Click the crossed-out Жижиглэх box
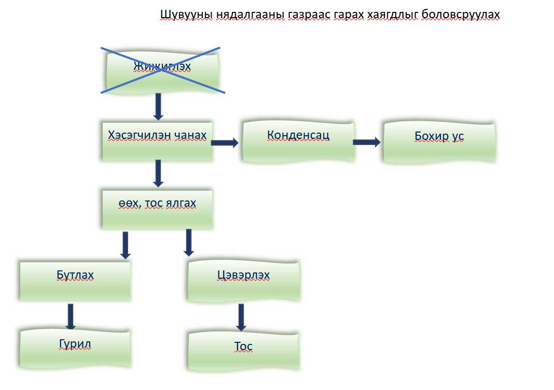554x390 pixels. [x=162, y=69]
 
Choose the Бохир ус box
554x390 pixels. [x=439, y=142]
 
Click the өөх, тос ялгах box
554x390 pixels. [x=157, y=209]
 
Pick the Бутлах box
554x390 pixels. [x=75, y=280]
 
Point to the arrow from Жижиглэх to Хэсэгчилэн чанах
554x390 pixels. [x=159, y=106]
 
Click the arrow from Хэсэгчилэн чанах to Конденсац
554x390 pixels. [x=225, y=142]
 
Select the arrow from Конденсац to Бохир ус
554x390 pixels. [x=366, y=142]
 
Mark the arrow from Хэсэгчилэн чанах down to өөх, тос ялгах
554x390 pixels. [x=159, y=173]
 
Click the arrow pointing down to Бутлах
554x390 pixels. [x=125, y=244]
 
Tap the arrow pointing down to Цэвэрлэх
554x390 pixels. [x=188, y=242]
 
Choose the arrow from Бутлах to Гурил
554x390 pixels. [x=71, y=316]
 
